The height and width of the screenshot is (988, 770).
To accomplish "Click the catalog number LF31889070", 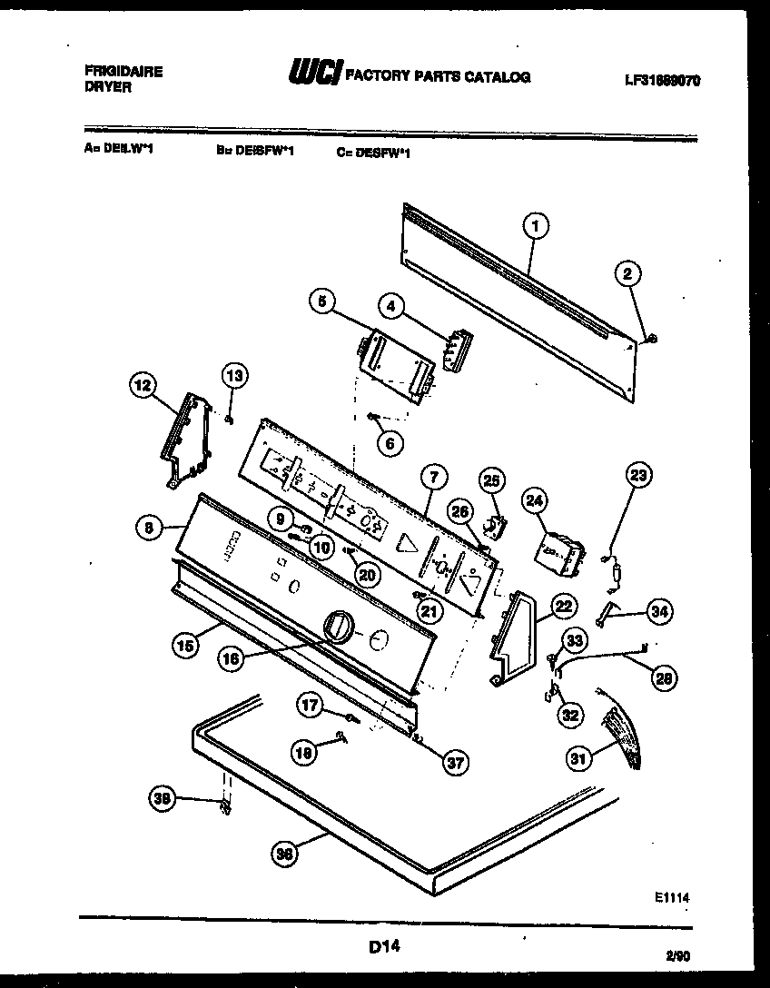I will tap(662, 80).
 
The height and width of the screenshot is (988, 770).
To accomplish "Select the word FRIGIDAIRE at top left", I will tap(123, 72).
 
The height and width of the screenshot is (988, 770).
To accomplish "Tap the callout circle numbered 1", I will tap(536, 225).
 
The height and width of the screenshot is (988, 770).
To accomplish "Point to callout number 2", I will tap(627, 272).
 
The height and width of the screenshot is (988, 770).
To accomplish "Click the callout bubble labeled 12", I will tap(141, 387).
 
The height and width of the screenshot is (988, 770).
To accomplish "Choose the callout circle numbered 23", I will tap(638, 474).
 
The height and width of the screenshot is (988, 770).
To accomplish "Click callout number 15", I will tap(185, 645).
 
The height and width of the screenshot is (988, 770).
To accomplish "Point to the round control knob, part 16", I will tap(337, 627).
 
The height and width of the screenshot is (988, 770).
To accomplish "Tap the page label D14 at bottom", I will tap(384, 948).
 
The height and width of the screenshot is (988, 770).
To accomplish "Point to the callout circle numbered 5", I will tap(321, 302).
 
